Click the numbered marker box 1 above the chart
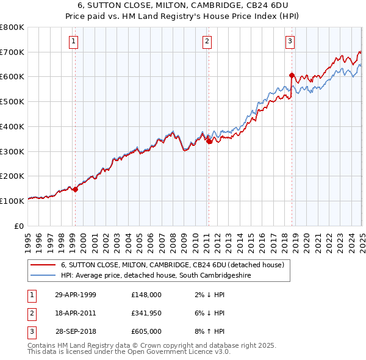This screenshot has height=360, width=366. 73,41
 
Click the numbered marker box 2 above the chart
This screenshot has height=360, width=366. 207,41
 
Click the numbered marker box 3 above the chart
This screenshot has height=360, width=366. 290,41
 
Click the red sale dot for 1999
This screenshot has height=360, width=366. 76,189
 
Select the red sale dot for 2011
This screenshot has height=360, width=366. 209,141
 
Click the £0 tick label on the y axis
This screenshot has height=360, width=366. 18,226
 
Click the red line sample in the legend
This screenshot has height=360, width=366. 43,265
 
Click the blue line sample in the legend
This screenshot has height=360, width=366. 43,276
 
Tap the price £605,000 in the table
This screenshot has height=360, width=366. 146,331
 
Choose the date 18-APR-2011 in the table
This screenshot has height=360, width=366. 76,313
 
